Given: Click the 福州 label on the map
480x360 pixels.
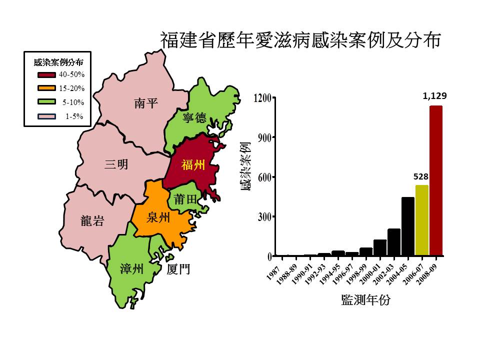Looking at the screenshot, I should click(193, 165).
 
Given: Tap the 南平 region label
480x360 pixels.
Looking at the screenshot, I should click(146, 103).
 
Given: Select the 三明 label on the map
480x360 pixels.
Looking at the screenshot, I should click(116, 164).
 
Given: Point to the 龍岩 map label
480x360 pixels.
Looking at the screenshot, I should click(92, 221).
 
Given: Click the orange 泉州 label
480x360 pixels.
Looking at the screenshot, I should click(158, 218).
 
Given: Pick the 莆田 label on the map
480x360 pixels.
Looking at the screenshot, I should click(185, 199).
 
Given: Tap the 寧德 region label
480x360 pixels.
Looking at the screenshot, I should click(194, 118).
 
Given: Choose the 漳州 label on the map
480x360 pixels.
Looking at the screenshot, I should click(132, 269).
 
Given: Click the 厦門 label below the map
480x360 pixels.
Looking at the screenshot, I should click(178, 270).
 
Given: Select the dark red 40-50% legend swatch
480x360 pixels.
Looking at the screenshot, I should click(46, 75).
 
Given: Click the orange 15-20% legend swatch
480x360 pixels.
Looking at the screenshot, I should click(46, 89).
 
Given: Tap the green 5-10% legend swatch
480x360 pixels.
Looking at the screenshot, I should click(46, 102).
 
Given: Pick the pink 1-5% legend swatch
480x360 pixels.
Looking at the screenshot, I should click(46, 116).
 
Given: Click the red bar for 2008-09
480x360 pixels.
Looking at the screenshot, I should click(435, 180).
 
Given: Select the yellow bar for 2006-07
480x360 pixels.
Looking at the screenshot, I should click(421, 220).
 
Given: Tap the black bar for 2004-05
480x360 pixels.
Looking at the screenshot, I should click(407, 226).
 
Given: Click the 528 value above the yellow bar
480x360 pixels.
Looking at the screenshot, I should click(421, 176).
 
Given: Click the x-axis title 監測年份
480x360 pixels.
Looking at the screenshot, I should click(365, 300).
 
